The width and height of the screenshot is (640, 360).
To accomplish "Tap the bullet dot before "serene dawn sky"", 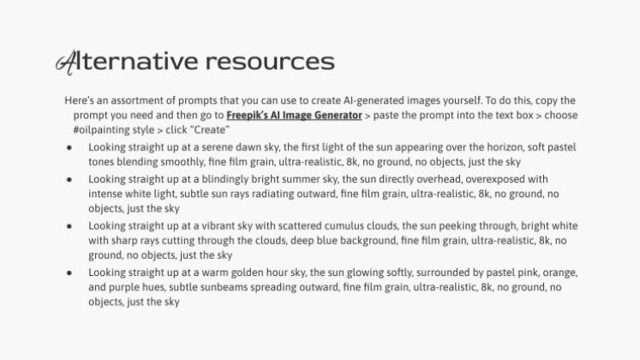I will tap(69, 147).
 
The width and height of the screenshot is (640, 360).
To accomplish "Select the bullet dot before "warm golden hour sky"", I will tap(69, 273).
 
